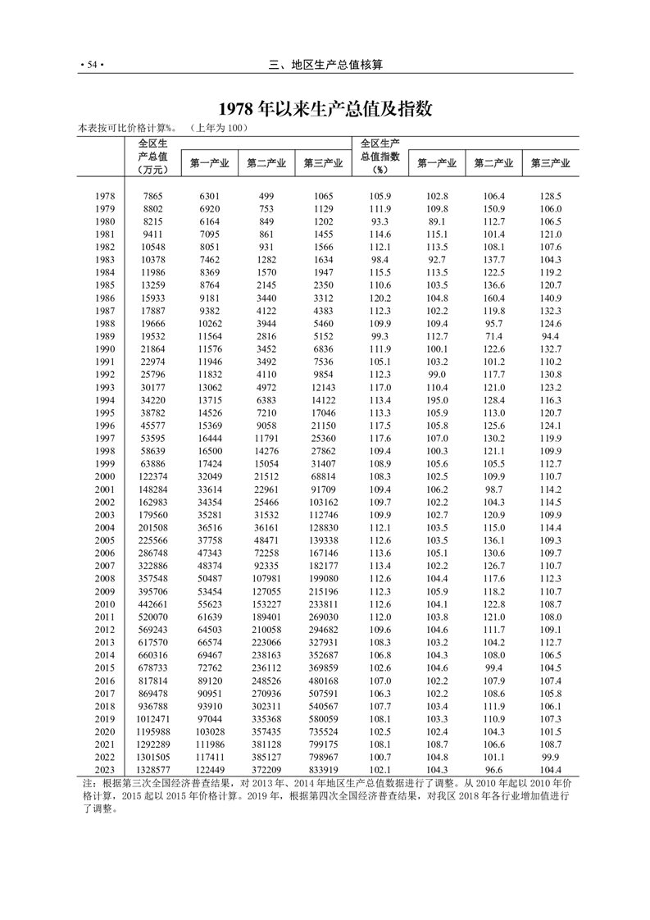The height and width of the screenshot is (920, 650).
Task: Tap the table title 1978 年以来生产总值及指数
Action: (x=325, y=109)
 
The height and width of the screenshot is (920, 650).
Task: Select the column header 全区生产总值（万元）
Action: (x=153, y=156)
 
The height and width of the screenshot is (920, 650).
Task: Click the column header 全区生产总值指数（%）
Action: (x=380, y=156)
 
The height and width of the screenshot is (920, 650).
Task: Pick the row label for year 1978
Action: (x=104, y=197)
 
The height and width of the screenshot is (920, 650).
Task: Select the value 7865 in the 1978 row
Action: (x=153, y=197)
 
